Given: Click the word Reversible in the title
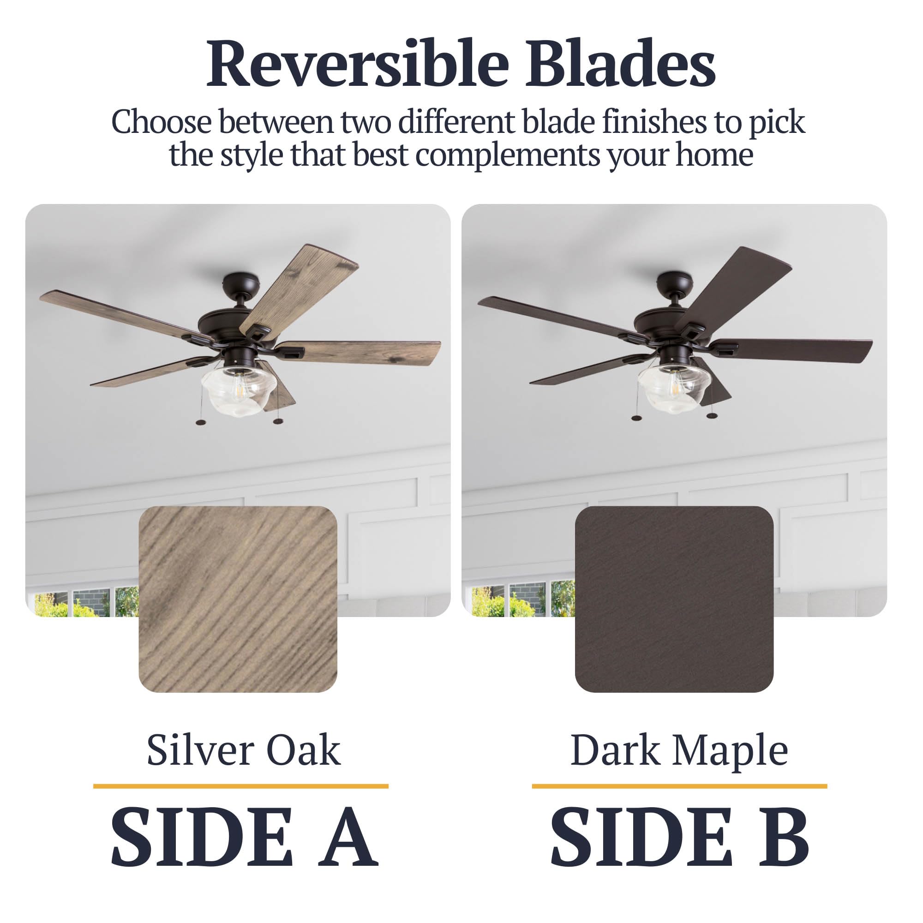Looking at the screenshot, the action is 357,64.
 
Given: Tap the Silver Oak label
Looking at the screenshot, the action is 243,750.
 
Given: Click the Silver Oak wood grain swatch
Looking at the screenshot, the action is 238,599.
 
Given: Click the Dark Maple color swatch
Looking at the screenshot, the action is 674,599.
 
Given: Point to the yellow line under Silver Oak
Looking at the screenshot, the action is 241,786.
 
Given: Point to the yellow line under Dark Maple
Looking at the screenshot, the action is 679,786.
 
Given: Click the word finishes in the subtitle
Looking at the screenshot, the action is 653,122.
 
